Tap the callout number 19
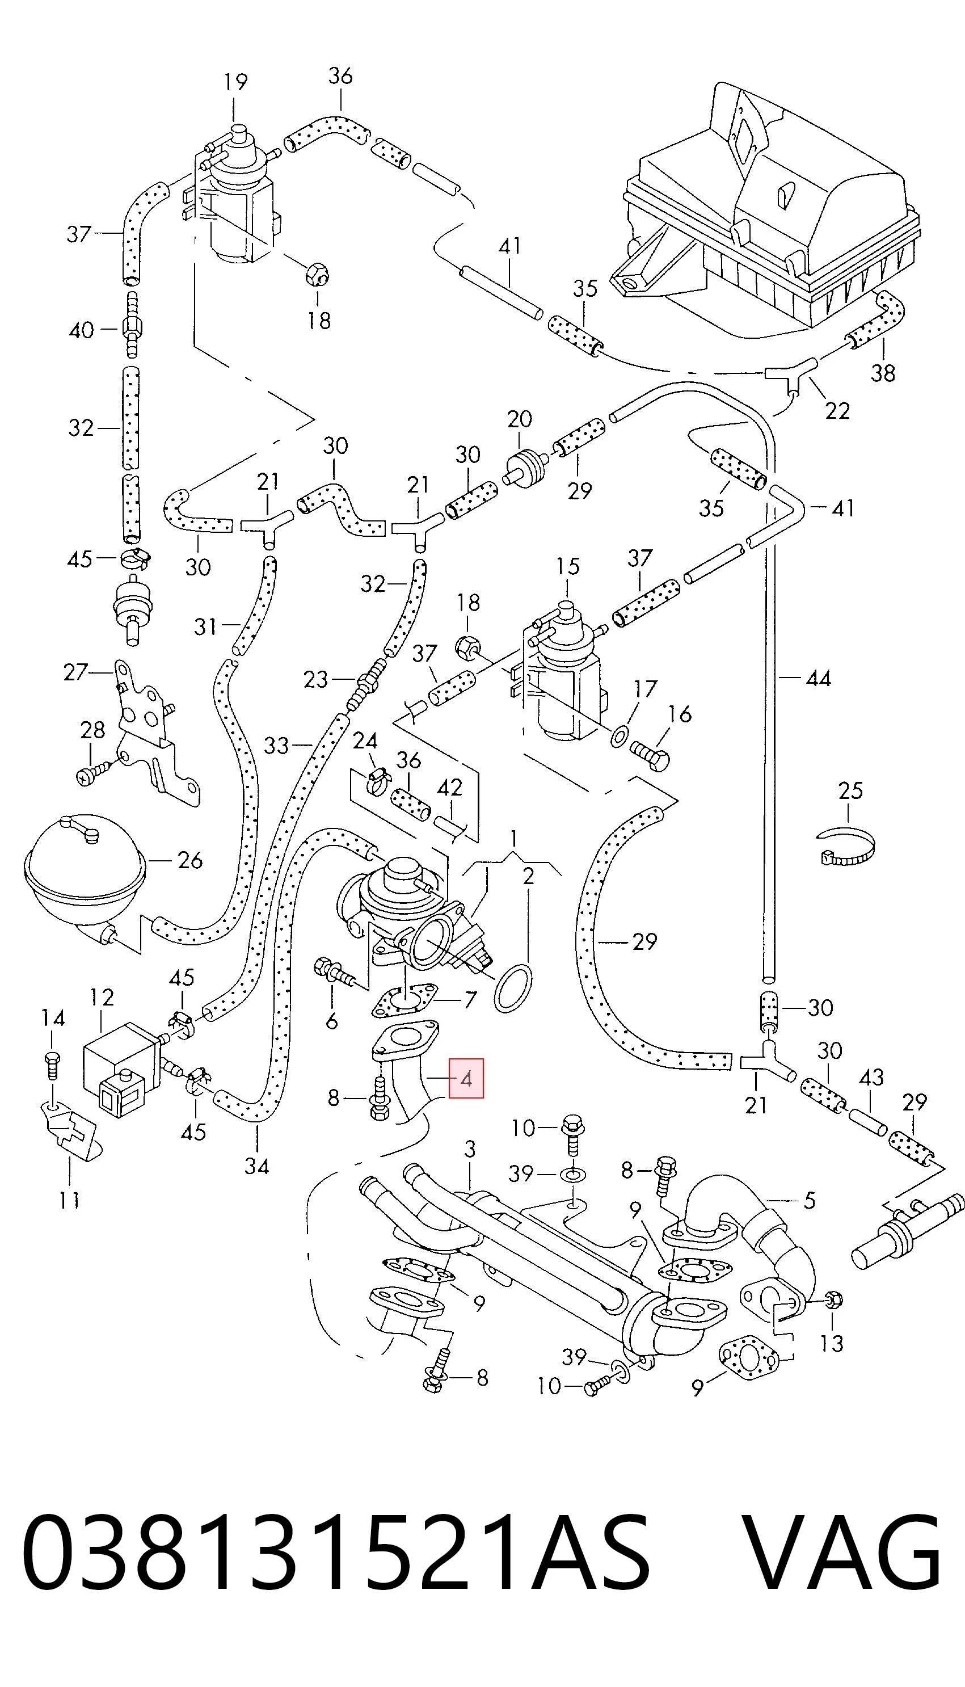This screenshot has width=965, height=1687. point(235,82)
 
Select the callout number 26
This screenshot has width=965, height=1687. point(190,860)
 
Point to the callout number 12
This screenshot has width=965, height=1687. point(102,997)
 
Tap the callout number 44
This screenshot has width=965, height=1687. point(818,678)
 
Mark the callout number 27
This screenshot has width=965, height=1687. point(75,672)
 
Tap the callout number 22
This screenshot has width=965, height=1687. point(837,410)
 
